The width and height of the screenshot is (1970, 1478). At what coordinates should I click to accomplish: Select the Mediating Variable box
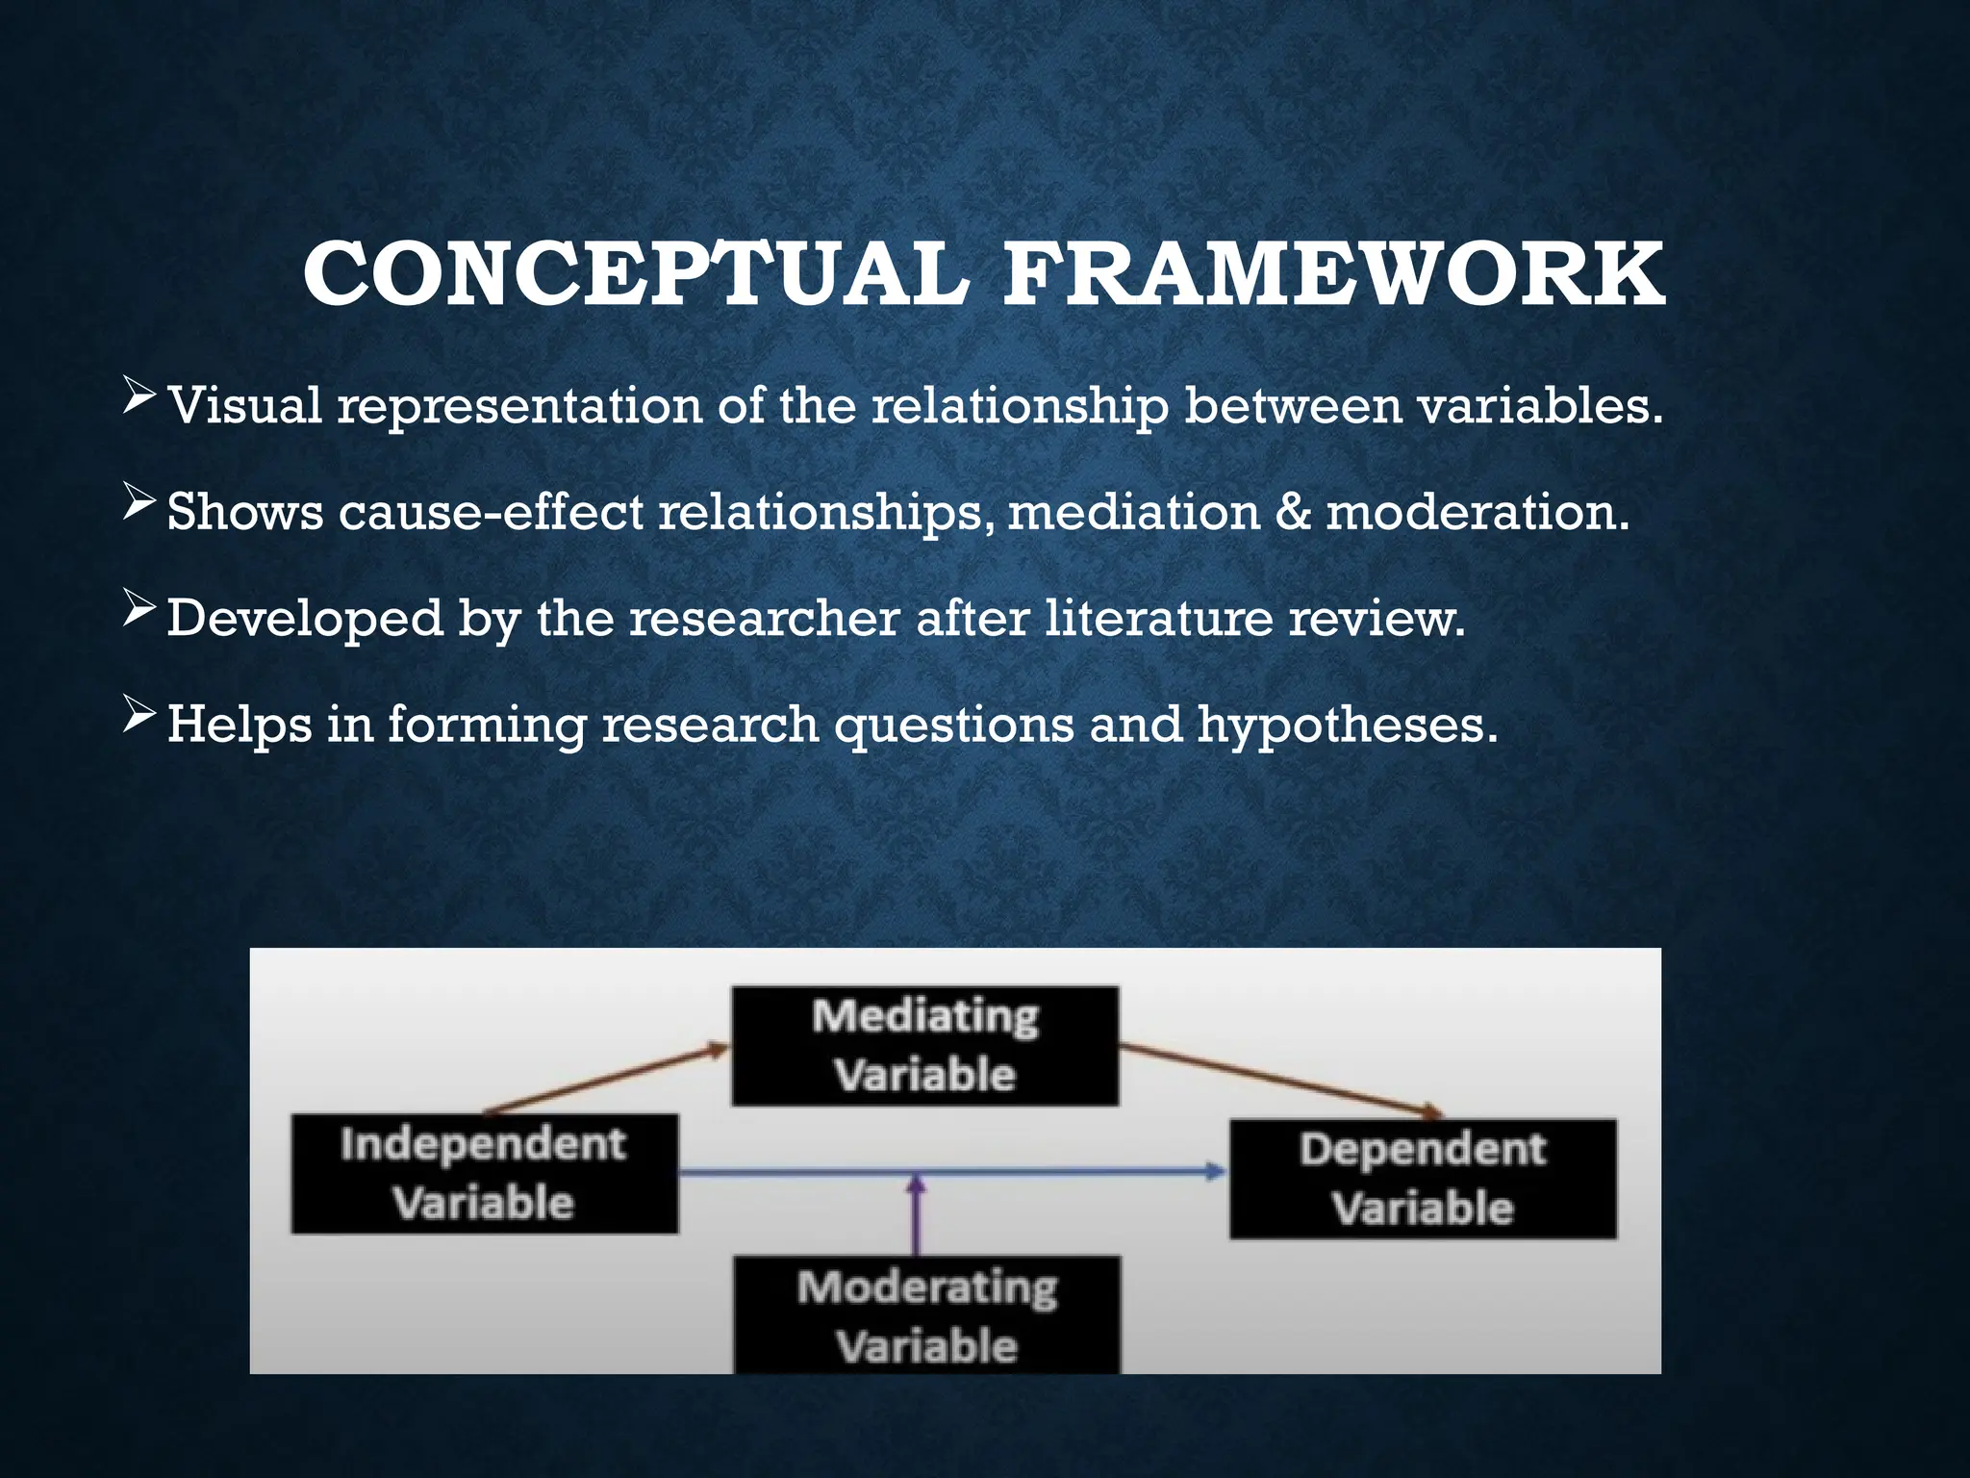click(x=925, y=1046)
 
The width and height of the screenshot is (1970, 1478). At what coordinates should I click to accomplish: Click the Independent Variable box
click(x=485, y=1174)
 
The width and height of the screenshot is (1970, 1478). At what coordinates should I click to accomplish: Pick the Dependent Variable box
click(x=1423, y=1179)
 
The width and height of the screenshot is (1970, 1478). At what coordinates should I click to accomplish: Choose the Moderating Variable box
click(x=927, y=1315)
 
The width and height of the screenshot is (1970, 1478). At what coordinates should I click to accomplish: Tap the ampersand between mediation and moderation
click(x=1292, y=511)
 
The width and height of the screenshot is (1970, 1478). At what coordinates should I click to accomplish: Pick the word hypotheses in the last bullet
click(x=1347, y=724)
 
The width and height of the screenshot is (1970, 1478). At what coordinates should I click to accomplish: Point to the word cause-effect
click(x=491, y=511)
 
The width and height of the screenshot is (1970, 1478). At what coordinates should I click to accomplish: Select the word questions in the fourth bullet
click(x=953, y=724)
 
